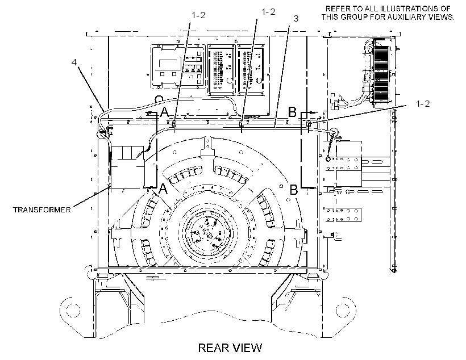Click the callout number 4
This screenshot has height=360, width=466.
tap(74, 62)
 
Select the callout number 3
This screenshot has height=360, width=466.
tap(296, 18)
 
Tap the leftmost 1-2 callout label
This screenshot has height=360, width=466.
tap(198, 15)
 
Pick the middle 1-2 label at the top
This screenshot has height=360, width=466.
tap(268, 11)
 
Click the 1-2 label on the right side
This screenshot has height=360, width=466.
tap(423, 104)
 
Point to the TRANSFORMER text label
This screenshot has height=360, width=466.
tap(42, 210)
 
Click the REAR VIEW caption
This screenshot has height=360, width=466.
tap(230, 348)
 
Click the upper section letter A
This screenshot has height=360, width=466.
tap(165, 112)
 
